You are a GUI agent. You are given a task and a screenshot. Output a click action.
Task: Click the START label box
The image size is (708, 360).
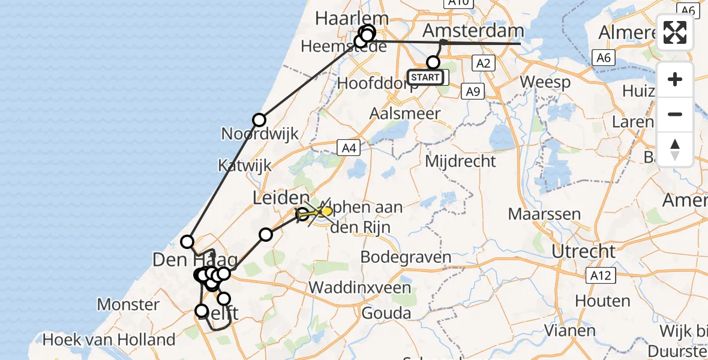coord(425,77)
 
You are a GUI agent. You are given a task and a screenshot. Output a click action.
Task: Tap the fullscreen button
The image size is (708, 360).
coord(675,32)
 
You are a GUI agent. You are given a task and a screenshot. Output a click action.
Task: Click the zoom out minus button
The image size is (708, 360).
coord(675,114)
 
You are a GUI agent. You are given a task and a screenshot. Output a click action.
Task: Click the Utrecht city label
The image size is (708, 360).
coord(583,251)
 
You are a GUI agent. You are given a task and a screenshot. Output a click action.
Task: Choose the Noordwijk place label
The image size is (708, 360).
coord(260,133)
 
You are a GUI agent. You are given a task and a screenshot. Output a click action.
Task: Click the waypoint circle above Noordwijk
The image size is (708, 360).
coord(259,120)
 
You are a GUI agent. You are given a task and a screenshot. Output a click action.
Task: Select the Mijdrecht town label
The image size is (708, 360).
coord(460,161)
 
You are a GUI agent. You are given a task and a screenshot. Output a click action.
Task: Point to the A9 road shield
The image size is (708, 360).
coord(473,91)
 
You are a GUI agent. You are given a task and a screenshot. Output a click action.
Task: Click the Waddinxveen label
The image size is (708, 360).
coord(360,287)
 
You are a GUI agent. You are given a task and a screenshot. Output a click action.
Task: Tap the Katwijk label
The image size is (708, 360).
coord(244,166)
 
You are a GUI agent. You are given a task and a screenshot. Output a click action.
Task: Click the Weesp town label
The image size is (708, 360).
coord(545,82)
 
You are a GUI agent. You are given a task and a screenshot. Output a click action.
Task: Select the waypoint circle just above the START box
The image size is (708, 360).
coord(433,62)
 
